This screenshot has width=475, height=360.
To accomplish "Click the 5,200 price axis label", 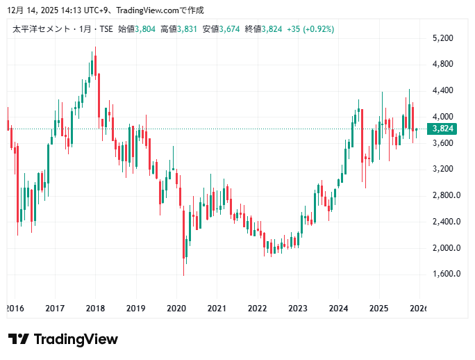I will (442, 38).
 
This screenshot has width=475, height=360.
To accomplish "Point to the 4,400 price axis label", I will (442, 90).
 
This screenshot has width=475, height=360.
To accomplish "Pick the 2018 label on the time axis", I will (95, 308).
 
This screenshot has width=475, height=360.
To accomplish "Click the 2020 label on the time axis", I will (176, 308).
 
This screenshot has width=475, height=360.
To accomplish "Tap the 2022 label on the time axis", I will (258, 308).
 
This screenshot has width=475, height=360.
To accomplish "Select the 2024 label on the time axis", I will (338, 308).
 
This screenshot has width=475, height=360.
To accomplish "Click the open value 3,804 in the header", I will (146, 29).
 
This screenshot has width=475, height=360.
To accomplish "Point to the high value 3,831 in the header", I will (187, 29).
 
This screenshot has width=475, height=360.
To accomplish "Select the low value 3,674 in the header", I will (230, 29).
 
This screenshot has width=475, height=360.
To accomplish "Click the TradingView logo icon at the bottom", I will (19, 339).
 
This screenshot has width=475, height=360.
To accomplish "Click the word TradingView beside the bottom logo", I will (76, 339).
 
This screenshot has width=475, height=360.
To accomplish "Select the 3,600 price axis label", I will (442, 143).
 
